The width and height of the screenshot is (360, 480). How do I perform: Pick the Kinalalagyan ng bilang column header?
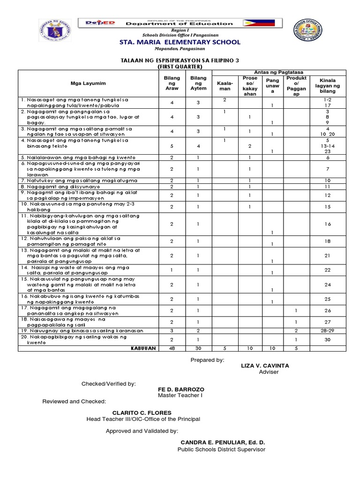coord(327,85)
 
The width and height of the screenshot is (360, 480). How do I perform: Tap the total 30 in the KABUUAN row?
coord(198,348)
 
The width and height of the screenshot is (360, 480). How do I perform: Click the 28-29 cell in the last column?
coord(327,330)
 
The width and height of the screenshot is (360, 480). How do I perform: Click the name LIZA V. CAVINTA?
coord(265,365)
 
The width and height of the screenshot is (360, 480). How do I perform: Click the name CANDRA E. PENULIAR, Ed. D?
coord(223,442)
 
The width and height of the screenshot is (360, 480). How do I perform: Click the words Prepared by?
coord(207,359)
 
